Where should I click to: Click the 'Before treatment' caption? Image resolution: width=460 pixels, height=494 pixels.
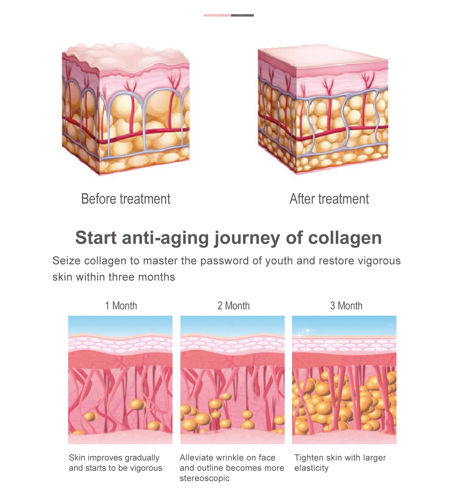[125, 199]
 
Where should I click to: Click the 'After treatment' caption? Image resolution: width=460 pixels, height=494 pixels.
[329, 199]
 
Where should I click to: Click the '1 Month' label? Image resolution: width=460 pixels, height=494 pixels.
[121, 306]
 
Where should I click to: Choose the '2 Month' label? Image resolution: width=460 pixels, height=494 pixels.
[234, 306]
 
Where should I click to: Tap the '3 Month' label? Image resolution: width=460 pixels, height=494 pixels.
[346, 306]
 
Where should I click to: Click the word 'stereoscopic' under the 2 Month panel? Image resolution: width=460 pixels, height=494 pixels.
[205, 478]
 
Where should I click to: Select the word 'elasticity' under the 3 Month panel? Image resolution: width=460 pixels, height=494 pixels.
[311, 468]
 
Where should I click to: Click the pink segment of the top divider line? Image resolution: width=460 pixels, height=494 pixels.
[217, 15]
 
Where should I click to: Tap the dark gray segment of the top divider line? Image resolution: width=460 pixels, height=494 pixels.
[242, 15]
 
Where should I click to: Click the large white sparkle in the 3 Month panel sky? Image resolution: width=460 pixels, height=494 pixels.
[307, 331]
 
